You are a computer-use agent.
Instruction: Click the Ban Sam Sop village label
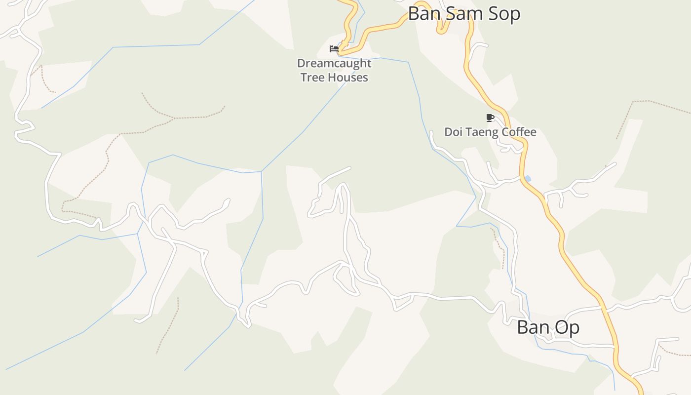click(464, 14)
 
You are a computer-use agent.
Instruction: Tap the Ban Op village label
click(548, 327)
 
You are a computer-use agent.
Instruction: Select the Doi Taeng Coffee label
click(490, 132)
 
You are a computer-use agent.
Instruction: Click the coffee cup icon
click(490, 118)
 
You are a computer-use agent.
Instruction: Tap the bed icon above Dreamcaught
click(334, 48)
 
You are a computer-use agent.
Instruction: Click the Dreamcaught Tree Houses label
click(334, 70)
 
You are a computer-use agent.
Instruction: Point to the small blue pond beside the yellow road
click(528, 178)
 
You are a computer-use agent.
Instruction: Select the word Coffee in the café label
click(519, 132)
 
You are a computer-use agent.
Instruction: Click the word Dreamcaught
click(334, 63)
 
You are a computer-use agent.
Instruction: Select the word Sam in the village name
click(460, 14)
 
